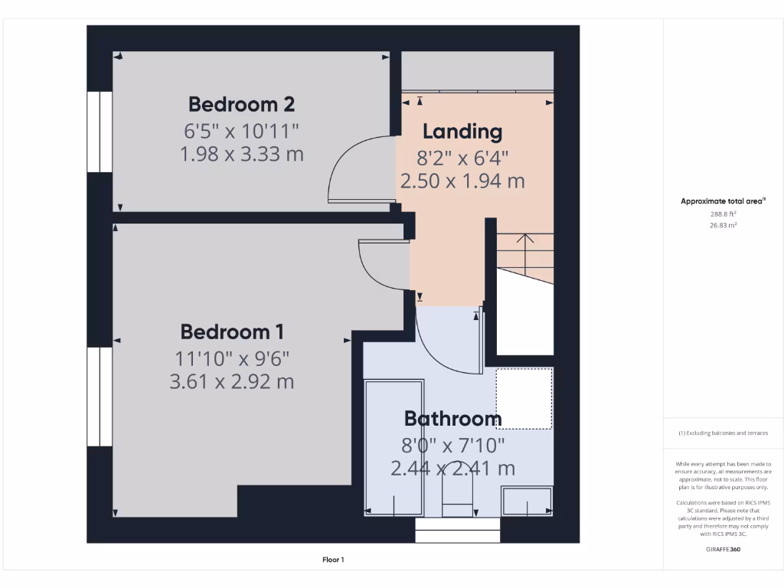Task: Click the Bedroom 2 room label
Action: [241, 103]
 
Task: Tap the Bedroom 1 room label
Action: [232, 332]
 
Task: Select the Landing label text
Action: [462, 132]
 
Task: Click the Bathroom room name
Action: [452, 419]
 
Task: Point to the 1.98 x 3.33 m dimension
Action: [241, 154]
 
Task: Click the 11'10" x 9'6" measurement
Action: [232, 357]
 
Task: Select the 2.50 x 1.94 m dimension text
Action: [462, 181]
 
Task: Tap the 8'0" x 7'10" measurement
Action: [452, 444]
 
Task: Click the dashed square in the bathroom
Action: [524, 398]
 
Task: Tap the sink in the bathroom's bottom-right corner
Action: [526, 501]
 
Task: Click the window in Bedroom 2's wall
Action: [99, 132]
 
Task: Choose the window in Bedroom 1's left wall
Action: [99, 397]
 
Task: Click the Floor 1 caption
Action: [333, 560]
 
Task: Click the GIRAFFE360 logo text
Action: [724, 549]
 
